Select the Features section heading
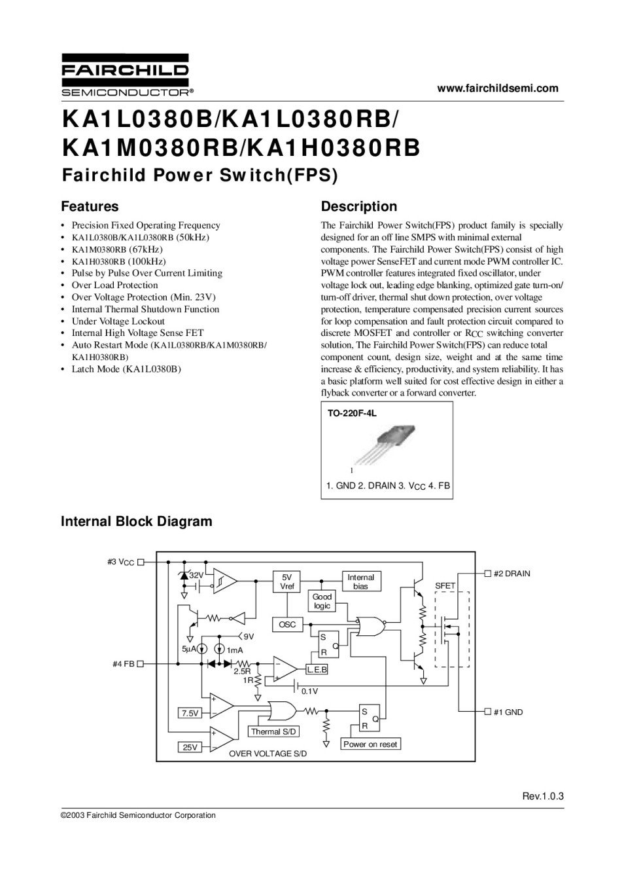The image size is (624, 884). click(90, 207)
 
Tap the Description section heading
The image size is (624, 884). click(358, 207)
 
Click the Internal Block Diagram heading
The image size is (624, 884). click(136, 522)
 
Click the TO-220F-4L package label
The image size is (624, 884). click(352, 414)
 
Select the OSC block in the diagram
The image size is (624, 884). click(287, 625)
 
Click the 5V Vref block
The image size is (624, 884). click(287, 581)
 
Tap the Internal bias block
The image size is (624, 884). click(360, 581)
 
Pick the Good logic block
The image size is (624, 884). click(322, 601)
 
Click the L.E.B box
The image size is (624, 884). click(317, 670)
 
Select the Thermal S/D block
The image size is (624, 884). click(274, 731)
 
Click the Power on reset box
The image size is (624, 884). click(370, 745)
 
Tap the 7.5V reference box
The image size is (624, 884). click(190, 713)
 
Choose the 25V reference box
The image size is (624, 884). click(190, 747)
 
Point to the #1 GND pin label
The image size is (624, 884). click(508, 712)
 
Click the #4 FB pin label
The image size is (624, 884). click(124, 663)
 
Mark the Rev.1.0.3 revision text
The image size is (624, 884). click(542, 796)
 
